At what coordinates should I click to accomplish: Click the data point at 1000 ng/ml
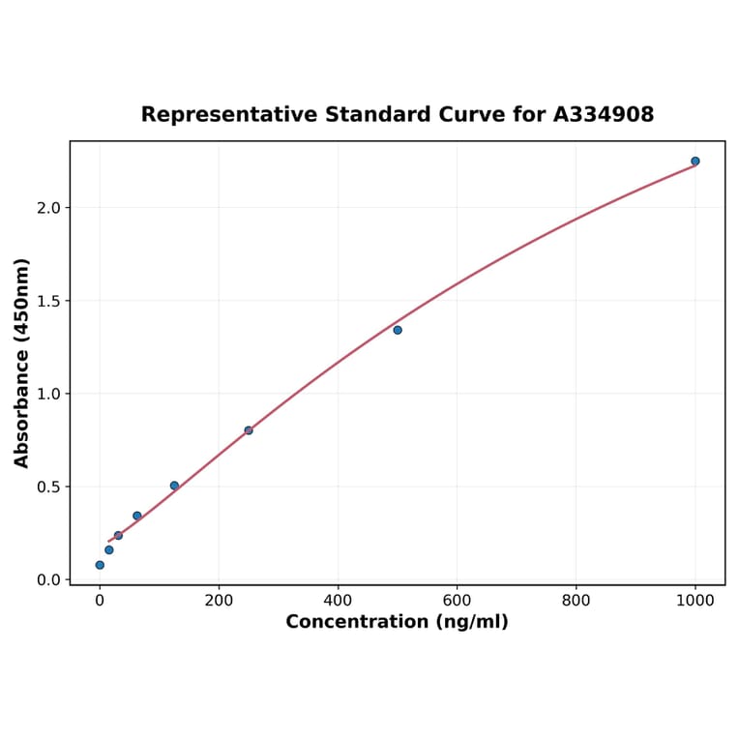coord(695,161)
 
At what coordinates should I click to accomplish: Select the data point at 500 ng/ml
coord(398,330)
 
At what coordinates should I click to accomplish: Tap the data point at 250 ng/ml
coord(249,430)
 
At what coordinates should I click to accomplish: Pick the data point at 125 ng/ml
coord(174,486)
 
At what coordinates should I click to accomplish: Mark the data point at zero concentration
coord(100,565)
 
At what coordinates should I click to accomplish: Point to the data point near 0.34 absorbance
coord(137,516)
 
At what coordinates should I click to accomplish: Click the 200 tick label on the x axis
coord(219,601)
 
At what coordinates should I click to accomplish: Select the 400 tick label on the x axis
coord(338,601)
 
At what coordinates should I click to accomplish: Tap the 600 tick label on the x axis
coord(457,601)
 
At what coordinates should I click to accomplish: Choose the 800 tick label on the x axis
coord(576,601)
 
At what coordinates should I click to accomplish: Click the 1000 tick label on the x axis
coord(695,601)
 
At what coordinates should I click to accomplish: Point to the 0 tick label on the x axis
coord(100,601)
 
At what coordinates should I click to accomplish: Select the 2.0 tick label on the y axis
coord(48,208)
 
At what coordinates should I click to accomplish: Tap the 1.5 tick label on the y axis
coord(48,301)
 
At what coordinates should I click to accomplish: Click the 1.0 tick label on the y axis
coord(48,394)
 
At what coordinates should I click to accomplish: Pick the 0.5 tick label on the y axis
coord(48,487)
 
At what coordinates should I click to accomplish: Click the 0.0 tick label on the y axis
coord(48,579)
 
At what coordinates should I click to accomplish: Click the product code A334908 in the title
coord(604,115)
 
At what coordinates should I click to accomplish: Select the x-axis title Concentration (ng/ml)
coord(397,622)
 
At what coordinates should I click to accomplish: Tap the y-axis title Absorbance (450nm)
coord(21,363)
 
